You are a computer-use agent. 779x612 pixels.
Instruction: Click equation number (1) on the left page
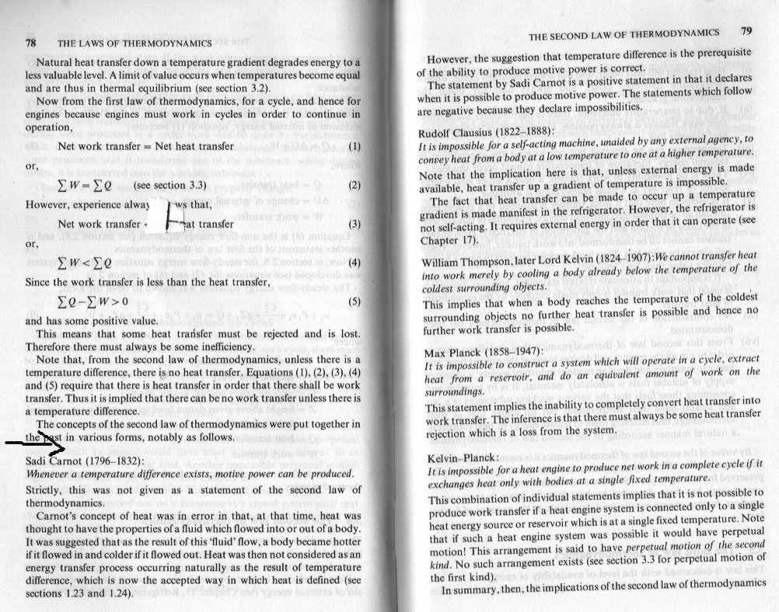click(x=355, y=146)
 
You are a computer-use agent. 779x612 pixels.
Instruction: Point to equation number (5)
click(x=355, y=301)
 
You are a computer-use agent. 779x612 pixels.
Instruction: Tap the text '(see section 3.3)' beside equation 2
click(x=169, y=186)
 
